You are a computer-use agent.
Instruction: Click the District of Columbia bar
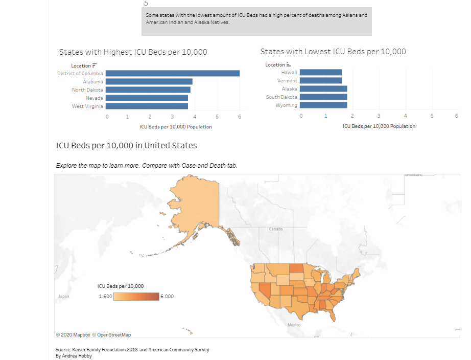pyautogui.click(x=173, y=73)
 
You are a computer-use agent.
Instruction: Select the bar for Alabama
pyautogui.click(x=149, y=81)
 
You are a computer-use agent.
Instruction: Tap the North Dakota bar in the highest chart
pyautogui.click(x=148, y=89)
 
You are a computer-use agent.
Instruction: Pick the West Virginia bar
pyautogui.click(x=147, y=106)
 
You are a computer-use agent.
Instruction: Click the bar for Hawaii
pyautogui.click(x=321, y=73)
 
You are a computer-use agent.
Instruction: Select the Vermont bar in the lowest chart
pyautogui.click(x=321, y=81)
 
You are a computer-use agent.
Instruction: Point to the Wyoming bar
pyautogui.click(x=323, y=105)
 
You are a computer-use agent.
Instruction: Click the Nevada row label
pyautogui.click(x=94, y=98)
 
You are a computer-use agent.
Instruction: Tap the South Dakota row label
pyautogui.click(x=281, y=97)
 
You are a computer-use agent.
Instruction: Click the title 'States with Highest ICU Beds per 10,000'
pyautogui.click(x=133, y=52)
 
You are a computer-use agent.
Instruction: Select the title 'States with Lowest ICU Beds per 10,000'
pyautogui.click(x=333, y=52)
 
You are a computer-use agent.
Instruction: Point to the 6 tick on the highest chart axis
pyautogui.click(x=240, y=117)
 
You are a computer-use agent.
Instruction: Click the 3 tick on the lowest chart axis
pyautogui.click(x=379, y=117)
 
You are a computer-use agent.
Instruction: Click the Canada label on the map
pyautogui.click(x=276, y=229)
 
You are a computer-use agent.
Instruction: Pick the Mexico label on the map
pyautogui.click(x=294, y=325)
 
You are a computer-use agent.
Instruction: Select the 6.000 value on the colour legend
pyautogui.click(x=168, y=297)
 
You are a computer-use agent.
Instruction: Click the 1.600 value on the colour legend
pyautogui.click(x=106, y=297)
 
